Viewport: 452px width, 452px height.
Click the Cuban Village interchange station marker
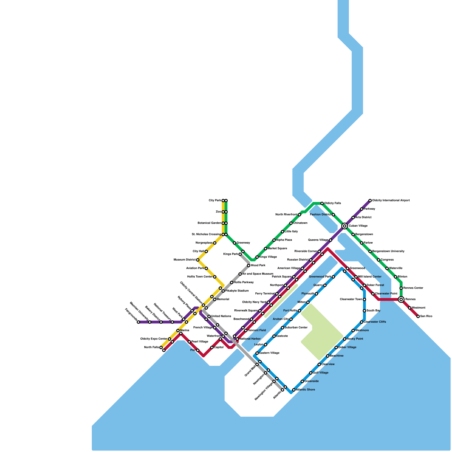[x=344, y=226]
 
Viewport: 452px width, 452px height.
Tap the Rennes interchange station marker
[x=401, y=299]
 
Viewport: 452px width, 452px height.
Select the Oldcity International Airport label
[x=391, y=200]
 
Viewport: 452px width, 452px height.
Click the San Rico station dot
[x=418, y=316]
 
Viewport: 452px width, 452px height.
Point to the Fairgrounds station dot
[x=138, y=322]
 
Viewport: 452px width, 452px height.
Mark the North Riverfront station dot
[x=299, y=215]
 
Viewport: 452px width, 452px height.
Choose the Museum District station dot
[x=198, y=260]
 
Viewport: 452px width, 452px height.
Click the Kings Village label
[x=268, y=257]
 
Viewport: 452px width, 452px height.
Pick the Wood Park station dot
[x=249, y=266]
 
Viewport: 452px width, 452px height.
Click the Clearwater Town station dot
[x=364, y=299]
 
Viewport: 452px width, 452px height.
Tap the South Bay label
[x=373, y=310]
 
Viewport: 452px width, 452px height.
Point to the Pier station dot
[x=198, y=350]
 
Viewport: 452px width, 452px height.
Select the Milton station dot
[x=308, y=302]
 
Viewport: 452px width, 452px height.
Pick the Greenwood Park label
[x=320, y=277]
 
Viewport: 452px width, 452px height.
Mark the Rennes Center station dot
[x=401, y=288]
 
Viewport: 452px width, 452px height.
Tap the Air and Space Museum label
[x=257, y=274]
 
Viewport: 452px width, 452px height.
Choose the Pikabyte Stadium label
[x=237, y=291]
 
